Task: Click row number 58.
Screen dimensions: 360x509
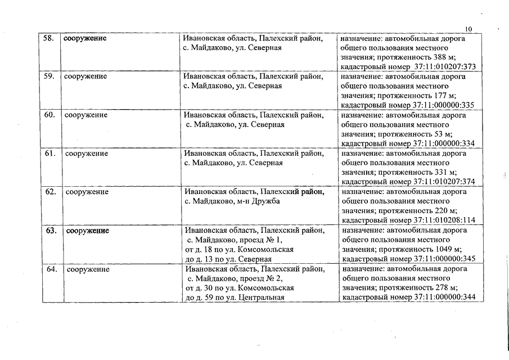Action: click(49, 38)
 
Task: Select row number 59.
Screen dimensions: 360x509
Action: click(49, 76)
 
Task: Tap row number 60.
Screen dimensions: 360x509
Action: click(49, 115)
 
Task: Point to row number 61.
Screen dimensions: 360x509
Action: click(50, 153)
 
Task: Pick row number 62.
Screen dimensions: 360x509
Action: click(51, 192)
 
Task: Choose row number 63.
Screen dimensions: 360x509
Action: click(51, 231)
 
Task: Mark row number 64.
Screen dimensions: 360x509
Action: click(52, 269)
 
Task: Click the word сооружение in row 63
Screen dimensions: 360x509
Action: click(88, 231)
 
